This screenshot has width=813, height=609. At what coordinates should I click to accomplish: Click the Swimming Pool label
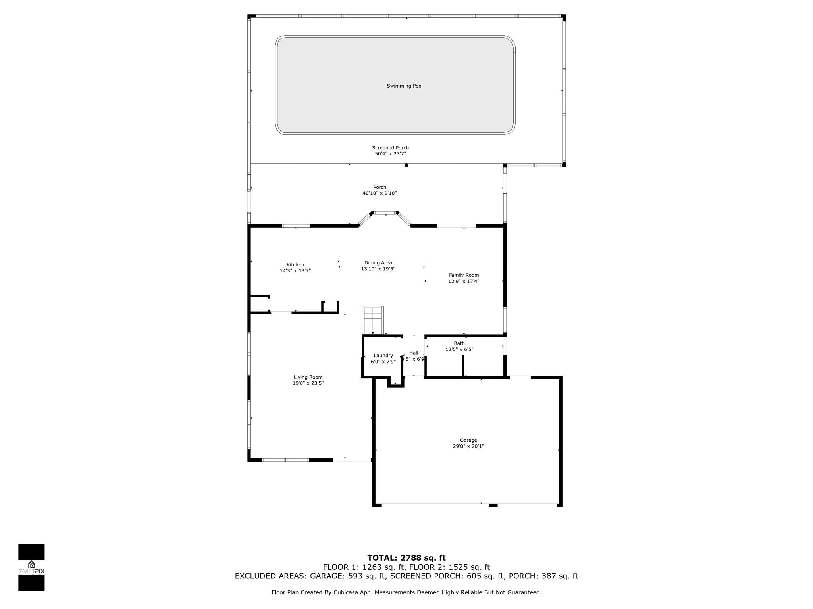coord(405,86)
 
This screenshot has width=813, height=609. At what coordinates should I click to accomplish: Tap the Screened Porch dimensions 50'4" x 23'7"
coord(391,154)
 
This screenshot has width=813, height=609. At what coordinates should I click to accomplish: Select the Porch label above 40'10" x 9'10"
coord(380,187)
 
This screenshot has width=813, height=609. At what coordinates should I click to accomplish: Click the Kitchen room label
coord(295,265)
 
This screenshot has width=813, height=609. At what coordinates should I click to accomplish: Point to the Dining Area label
coord(378,262)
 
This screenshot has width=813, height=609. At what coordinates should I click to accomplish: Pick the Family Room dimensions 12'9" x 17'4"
coord(464,281)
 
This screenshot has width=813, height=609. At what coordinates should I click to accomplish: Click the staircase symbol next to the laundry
coord(373,320)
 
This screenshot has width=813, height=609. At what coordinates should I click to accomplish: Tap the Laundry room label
coord(383,356)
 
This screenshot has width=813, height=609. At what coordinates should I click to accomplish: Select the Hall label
coord(414,353)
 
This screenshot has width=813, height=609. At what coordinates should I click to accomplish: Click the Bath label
coord(459,343)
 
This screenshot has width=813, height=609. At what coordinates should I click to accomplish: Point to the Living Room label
coord(308,377)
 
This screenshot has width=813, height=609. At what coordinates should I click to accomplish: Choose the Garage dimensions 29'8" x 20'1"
coord(468,446)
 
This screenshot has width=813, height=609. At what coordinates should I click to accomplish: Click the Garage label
coord(468,440)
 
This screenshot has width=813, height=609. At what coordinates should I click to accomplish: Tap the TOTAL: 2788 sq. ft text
coord(406,558)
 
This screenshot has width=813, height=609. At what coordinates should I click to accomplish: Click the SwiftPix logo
coord(31,567)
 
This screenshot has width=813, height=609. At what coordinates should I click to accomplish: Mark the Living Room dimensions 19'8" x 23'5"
coord(308,383)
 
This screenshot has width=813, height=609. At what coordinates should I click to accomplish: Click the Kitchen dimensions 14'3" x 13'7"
coord(295,271)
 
